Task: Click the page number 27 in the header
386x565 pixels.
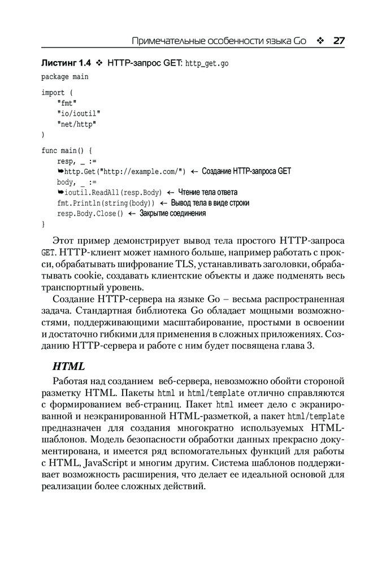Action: [x=339, y=41]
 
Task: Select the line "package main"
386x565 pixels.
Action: [x=64, y=76]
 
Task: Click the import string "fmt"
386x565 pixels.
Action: [x=67, y=103]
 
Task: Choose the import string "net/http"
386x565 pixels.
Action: [x=76, y=124]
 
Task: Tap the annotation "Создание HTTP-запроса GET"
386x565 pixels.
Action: [x=246, y=171]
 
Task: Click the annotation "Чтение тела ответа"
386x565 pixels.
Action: [x=207, y=192]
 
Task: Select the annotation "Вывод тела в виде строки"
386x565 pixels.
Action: [x=210, y=203]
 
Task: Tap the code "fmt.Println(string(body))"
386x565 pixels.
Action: [x=106, y=203]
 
